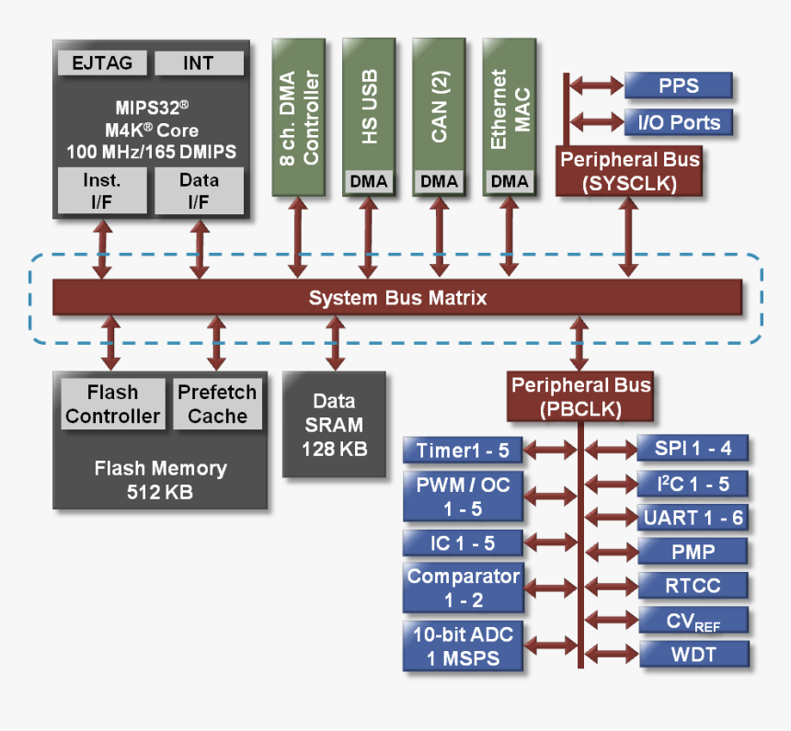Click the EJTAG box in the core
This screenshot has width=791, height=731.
click(x=101, y=63)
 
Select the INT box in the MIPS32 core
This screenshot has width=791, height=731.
click(x=199, y=63)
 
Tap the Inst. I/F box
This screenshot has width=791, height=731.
click(x=101, y=190)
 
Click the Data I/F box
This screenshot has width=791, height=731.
click(x=199, y=190)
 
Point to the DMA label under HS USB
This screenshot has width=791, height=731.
click(x=368, y=181)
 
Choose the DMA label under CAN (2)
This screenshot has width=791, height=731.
click(x=439, y=181)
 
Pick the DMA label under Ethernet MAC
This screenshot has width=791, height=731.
click(x=510, y=181)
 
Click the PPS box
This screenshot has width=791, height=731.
click(x=678, y=86)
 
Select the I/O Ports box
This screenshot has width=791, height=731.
click(x=678, y=122)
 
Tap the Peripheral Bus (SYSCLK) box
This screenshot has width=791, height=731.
click(x=629, y=171)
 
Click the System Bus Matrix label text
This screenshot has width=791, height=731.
click(x=397, y=298)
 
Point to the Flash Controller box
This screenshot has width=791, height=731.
click(x=112, y=405)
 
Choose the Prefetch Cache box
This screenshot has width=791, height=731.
click(x=217, y=405)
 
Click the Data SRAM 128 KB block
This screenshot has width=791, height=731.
click(x=334, y=424)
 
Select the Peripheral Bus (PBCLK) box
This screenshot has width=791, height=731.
click(x=580, y=396)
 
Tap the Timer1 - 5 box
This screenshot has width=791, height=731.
click(x=463, y=451)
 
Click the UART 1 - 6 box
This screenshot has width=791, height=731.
click(x=693, y=518)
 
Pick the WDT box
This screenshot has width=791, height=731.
click(x=693, y=655)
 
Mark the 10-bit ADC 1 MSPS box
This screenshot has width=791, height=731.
click(x=463, y=646)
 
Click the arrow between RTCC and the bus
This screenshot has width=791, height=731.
click(x=611, y=586)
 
